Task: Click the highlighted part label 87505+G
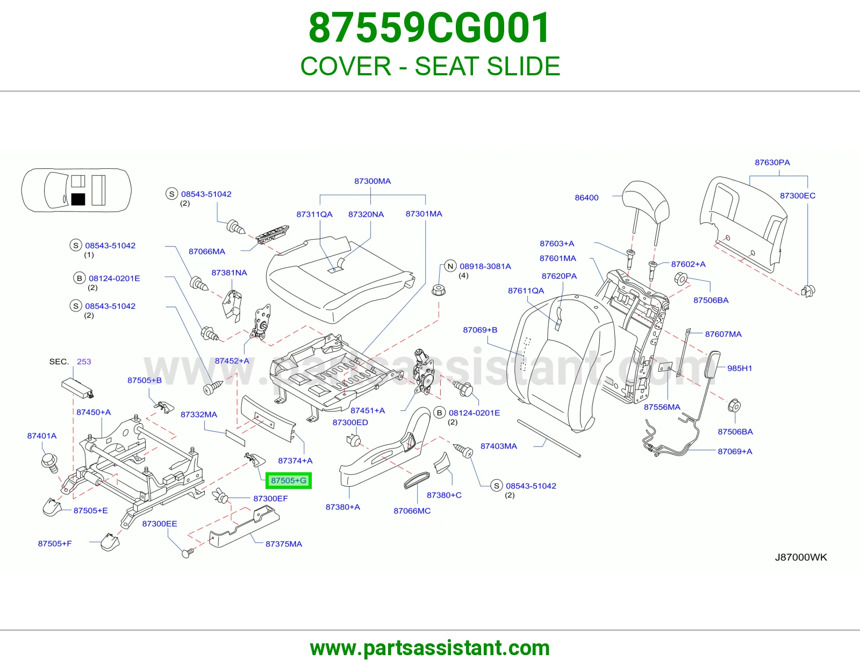point(289,480)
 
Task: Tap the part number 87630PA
point(772,162)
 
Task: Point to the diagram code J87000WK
point(801,557)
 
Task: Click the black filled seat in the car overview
point(78,199)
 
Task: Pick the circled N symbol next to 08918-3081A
point(450,266)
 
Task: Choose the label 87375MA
point(284,544)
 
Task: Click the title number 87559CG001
point(429,28)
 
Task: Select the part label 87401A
point(42,436)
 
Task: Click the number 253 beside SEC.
point(84,361)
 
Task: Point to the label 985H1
point(740,368)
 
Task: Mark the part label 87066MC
point(412,511)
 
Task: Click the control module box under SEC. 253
point(78,388)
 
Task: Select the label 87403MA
point(499,446)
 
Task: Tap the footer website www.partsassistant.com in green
point(430,648)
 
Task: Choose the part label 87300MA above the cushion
point(372,181)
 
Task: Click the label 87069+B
point(480,330)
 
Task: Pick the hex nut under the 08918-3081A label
point(439,290)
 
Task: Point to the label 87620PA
point(559,276)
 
